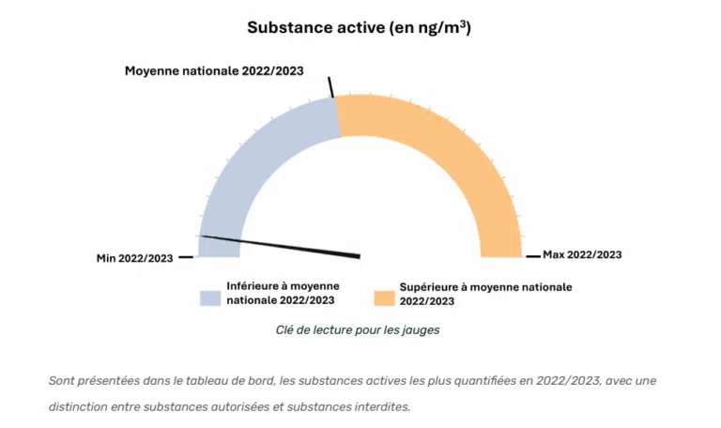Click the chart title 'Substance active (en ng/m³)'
(x=359, y=27)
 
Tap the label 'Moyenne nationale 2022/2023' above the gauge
(x=214, y=71)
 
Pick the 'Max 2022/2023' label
(x=582, y=254)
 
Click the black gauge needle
(x=282, y=246)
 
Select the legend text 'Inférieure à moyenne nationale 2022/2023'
(x=283, y=293)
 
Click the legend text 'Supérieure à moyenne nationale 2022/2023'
(x=485, y=294)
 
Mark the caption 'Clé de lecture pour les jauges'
(x=358, y=330)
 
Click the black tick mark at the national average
(x=331, y=86)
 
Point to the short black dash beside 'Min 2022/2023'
(x=186, y=257)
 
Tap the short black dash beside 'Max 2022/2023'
(x=532, y=255)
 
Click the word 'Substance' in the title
(x=285, y=27)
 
